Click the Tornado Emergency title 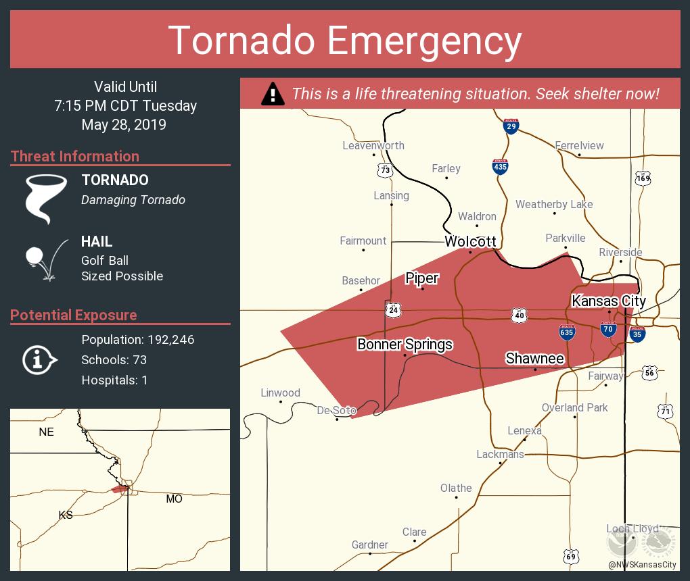point(344,40)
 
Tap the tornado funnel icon point(46,198)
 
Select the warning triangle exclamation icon point(273,94)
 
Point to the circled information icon point(40,359)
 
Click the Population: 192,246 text point(137,340)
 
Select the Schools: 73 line point(114,360)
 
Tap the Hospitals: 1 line point(114,380)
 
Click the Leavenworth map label point(373,145)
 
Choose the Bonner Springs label point(405,345)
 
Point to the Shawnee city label point(534,358)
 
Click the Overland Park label point(574,407)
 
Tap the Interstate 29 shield point(511,125)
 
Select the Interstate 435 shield point(500,166)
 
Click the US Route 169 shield point(643,178)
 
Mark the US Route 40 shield point(518,315)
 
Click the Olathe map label point(456,488)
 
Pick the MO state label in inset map point(174,499)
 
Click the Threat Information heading point(75,156)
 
